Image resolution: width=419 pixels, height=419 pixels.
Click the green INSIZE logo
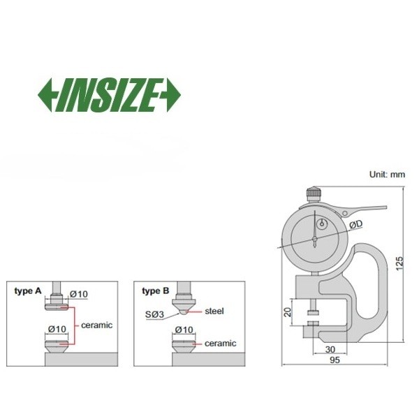(110, 95)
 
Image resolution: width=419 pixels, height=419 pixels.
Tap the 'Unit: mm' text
(387, 175)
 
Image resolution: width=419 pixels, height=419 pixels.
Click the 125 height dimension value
(399, 263)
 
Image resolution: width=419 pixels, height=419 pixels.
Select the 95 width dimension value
(335, 360)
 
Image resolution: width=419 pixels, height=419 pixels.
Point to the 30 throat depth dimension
(330, 349)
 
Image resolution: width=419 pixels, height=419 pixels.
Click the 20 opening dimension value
(288, 312)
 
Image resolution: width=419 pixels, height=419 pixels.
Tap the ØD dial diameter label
(356, 224)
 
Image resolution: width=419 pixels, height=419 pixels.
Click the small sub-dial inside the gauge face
(322, 224)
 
